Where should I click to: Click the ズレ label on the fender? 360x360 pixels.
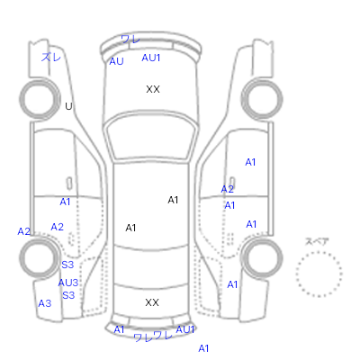click(51, 57)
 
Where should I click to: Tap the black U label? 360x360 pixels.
click(68, 106)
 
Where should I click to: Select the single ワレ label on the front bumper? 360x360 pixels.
click(130, 39)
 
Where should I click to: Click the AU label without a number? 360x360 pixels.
click(116, 61)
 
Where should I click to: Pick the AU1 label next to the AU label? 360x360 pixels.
click(151, 58)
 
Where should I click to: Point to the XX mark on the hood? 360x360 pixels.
click(153, 89)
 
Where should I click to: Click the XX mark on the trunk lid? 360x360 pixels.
click(152, 302)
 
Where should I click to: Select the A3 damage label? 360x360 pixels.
click(45, 303)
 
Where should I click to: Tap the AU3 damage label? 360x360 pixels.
click(68, 283)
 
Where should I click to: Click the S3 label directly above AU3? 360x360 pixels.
click(67, 265)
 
